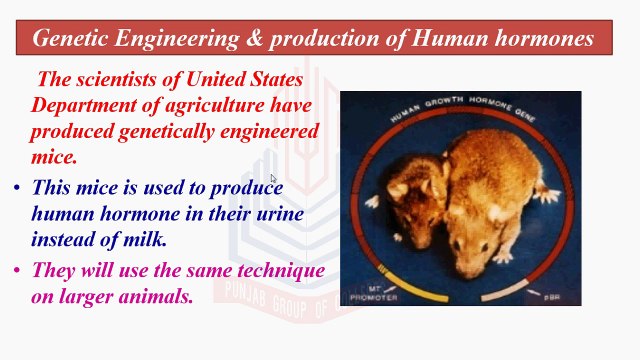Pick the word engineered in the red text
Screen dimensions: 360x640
point(266,131)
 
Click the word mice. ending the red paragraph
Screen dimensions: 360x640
point(53,156)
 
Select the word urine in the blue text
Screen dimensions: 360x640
point(278,213)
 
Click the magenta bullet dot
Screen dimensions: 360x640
point(17,271)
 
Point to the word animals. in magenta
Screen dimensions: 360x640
point(152,296)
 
